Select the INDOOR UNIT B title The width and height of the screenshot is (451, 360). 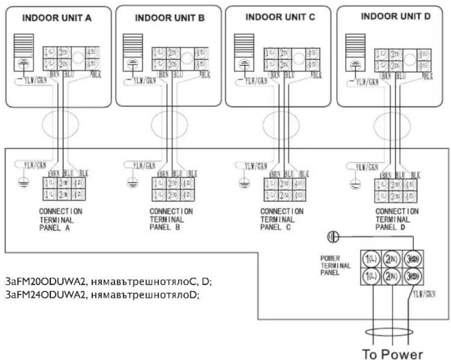[x=170, y=18]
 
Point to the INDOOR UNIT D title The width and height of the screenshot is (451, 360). [x=396, y=17]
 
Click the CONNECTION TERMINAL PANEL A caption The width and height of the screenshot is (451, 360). [x=61, y=219]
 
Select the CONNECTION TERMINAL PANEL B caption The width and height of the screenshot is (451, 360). [x=171, y=219]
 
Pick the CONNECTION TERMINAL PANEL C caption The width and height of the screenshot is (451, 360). [x=282, y=219]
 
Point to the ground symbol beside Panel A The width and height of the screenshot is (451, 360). [x=21, y=183]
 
